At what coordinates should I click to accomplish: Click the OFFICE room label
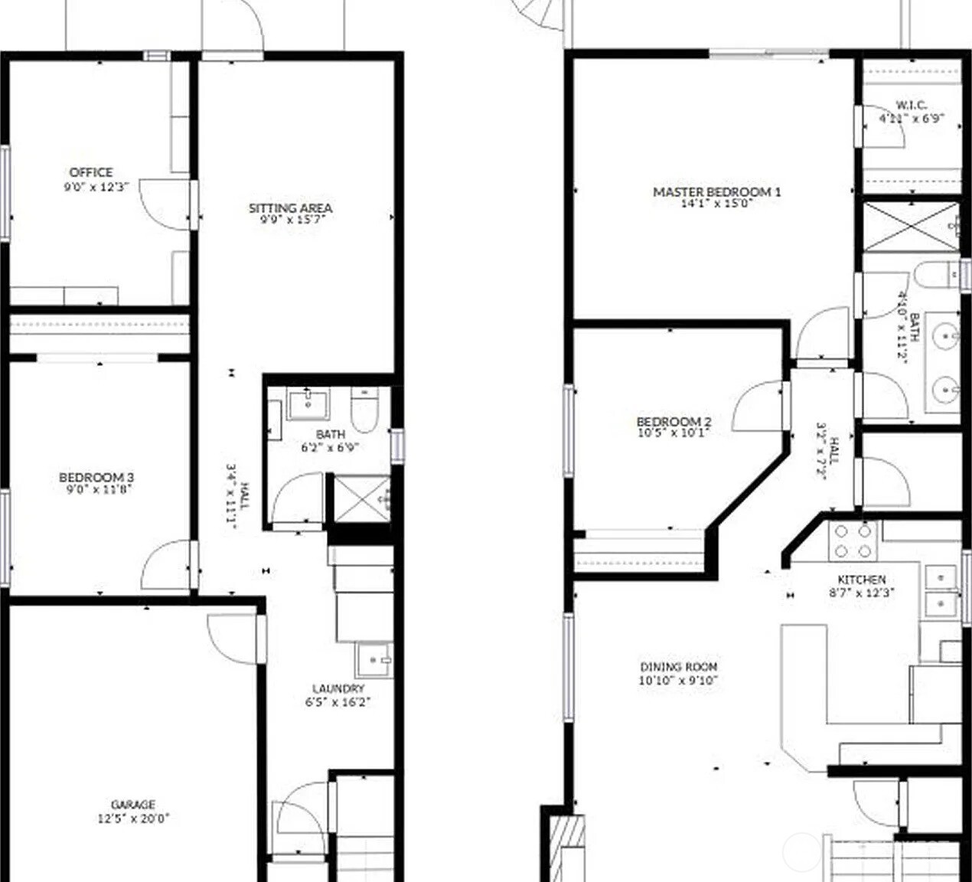pyautogui.click(x=91, y=172)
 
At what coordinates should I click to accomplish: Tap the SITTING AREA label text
pyautogui.click(x=290, y=207)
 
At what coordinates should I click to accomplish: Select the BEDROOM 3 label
pyautogui.click(x=96, y=478)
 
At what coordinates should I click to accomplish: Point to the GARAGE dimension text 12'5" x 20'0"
pyautogui.click(x=133, y=818)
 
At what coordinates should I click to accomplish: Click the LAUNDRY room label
pyautogui.click(x=338, y=688)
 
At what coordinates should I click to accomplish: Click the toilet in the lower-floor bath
pyautogui.click(x=363, y=410)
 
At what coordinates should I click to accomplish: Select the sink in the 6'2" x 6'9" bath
pyautogui.click(x=308, y=404)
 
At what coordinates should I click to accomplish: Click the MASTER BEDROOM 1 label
pyautogui.click(x=716, y=191)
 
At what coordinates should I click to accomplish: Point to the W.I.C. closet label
pyautogui.click(x=911, y=105)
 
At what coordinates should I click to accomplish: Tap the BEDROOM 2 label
pyautogui.click(x=674, y=421)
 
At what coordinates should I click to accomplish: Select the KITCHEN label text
pyautogui.click(x=862, y=580)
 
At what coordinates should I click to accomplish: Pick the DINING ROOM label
pyautogui.click(x=678, y=667)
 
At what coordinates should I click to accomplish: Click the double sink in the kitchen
pyautogui.click(x=940, y=590)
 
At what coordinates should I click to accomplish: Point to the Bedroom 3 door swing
pyautogui.click(x=165, y=565)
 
